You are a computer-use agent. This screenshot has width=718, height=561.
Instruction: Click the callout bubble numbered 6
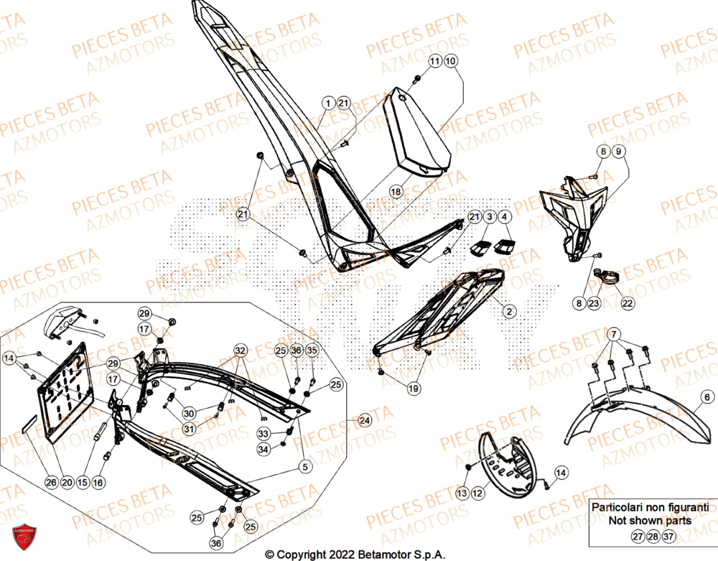tap(707, 396)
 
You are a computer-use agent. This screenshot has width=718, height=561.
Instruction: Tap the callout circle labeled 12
tap(477, 493)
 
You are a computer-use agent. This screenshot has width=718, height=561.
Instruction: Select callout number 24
tap(365, 420)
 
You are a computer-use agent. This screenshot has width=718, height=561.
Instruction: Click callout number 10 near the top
tap(449, 62)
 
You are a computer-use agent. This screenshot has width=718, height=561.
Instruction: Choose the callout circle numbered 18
tap(396, 191)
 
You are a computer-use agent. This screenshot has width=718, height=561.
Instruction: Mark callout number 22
tap(627, 303)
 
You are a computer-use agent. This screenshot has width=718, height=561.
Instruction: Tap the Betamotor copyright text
tap(355, 554)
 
